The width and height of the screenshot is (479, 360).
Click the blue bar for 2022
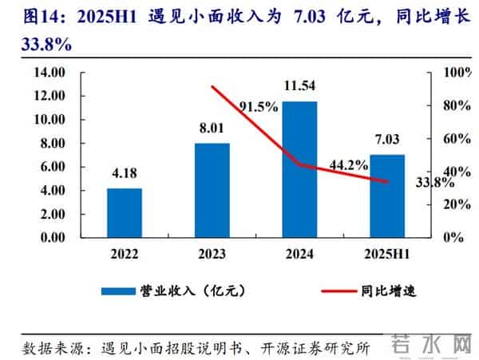pyautogui.click(x=125, y=212)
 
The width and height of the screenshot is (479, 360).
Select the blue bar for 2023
pyautogui.click(x=212, y=190)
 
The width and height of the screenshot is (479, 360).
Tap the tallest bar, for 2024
pyautogui.click(x=299, y=169)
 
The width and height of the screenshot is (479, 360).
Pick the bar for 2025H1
pyautogui.click(x=387, y=196)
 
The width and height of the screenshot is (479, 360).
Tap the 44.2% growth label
pyautogui.click(x=347, y=166)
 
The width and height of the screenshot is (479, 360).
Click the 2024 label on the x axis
pyautogui.click(x=299, y=254)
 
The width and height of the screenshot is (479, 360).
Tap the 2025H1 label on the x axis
pyautogui.click(x=387, y=254)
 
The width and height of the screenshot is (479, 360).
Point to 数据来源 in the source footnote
pyautogui.click(x=49, y=348)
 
